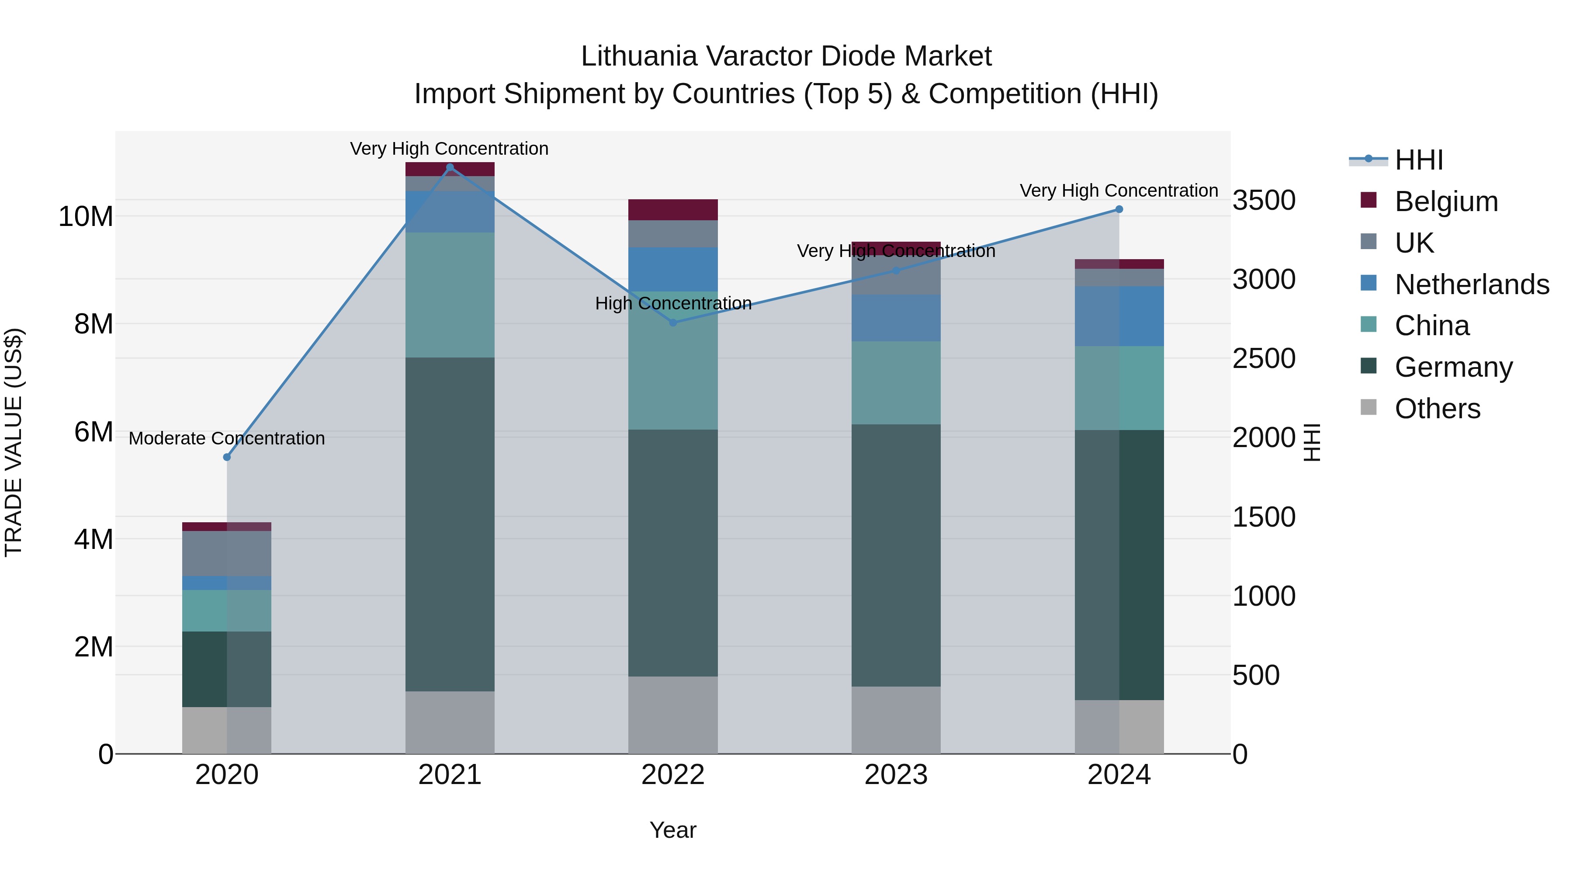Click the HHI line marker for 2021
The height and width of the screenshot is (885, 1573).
click(x=450, y=167)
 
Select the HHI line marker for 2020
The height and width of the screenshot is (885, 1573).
click(x=227, y=457)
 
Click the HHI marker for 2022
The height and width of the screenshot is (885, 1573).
click(x=673, y=323)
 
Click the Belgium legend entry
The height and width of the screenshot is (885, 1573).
click(x=1446, y=201)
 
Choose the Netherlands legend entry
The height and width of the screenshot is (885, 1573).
click(x=1472, y=285)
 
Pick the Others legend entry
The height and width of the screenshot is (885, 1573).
click(x=1438, y=409)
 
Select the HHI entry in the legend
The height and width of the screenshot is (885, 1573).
click(x=1418, y=160)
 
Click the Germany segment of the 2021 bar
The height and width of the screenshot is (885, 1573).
click(x=450, y=524)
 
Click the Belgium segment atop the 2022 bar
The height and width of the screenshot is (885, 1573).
click(x=673, y=209)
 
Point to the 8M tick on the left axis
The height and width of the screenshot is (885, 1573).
click(x=94, y=324)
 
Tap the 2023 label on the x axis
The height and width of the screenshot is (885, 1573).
click(x=896, y=775)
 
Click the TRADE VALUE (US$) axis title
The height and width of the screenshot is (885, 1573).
click(x=14, y=442)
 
